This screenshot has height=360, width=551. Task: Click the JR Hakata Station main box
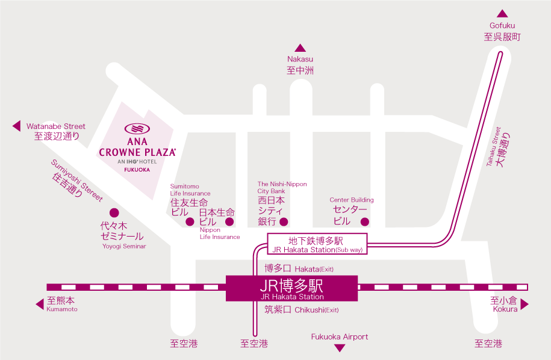(x=291, y=288)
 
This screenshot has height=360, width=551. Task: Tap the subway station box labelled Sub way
(x=317, y=244)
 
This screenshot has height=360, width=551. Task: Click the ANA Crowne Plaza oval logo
(x=137, y=129)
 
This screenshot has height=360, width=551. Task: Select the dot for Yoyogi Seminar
(x=114, y=213)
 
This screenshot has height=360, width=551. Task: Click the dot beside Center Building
(x=365, y=222)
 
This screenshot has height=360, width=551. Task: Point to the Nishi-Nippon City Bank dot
(x=284, y=222)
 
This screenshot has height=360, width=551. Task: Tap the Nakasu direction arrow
(x=300, y=48)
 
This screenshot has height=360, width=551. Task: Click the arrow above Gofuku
(x=502, y=14)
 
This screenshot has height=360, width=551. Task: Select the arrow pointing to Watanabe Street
(x=16, y=126)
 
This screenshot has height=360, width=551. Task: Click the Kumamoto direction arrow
(x=40, y=304)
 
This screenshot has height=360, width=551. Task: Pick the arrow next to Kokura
(x=525, y=304)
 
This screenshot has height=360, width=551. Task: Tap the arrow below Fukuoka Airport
(x=340, y=348)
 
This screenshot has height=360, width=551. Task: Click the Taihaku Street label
(x=493, y=146)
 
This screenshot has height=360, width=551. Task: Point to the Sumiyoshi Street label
(x=77, y=181)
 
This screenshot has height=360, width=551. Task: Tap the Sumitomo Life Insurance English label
(x=190, y=190)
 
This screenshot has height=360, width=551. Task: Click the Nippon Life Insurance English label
(x=220, y=233)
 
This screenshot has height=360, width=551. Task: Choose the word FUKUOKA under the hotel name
(x=137, y=170)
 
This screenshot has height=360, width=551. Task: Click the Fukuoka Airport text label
(x=340, y=337)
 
